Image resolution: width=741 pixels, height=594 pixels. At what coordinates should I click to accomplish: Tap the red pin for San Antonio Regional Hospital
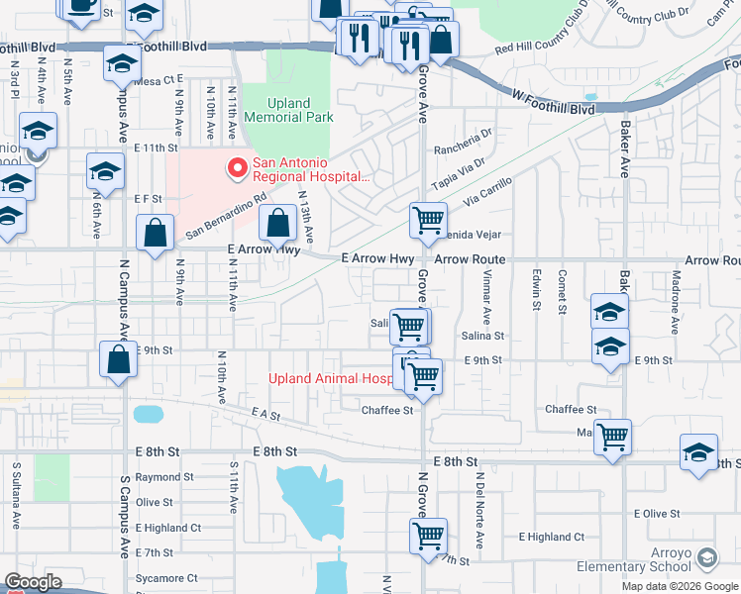point(237,169)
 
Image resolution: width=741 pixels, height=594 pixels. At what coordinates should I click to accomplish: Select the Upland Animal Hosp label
point(332,378)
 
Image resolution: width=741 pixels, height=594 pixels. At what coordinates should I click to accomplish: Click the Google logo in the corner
point(33,582)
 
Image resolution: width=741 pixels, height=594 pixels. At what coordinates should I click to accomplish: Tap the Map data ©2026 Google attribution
point(681,586)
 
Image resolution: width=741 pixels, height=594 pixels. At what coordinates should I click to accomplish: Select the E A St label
point(261,412)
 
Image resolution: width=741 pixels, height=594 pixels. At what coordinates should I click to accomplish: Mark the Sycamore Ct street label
point(166,577)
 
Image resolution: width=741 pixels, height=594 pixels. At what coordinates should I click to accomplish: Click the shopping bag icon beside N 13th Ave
point(279,223)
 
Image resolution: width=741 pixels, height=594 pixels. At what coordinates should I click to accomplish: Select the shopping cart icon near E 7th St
point(428,536)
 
